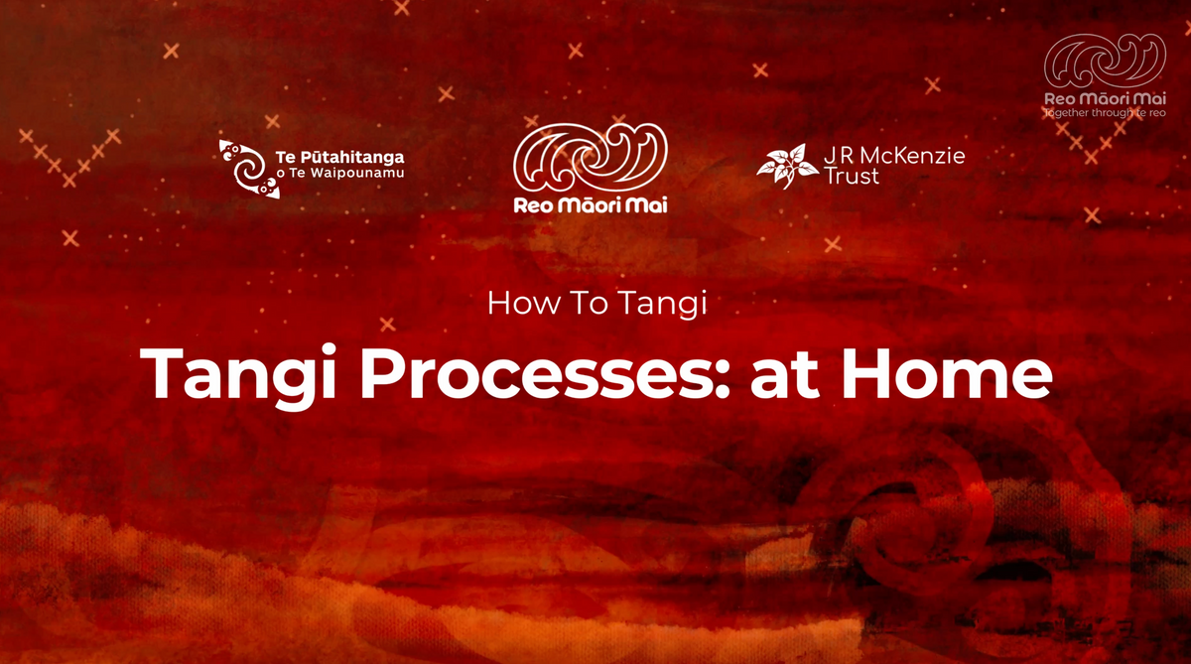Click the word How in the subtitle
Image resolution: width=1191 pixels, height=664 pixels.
click(513, 303)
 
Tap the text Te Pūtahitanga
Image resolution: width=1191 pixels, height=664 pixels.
click(337, 157)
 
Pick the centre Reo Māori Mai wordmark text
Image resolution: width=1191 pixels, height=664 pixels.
click(590, 205)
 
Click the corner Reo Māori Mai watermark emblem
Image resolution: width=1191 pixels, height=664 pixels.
click(1104, 62)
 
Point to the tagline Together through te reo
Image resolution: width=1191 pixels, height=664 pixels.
click(1104, 113)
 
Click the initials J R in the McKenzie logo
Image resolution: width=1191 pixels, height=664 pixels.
click(840, 156)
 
